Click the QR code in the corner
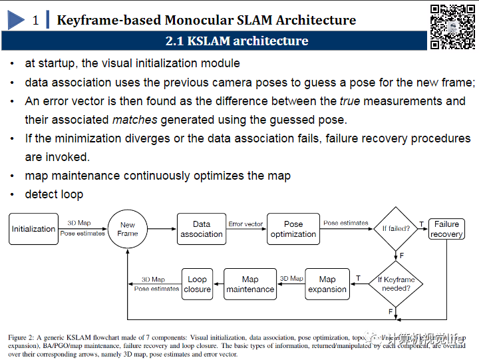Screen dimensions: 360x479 tap(452, 26)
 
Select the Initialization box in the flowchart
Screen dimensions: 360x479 tap(33, 229)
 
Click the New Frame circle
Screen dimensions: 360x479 tap(127, 230)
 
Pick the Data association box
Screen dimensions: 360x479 tap(202, 229)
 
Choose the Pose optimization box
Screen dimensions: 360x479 tap(293, 229)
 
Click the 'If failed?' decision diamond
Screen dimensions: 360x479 tap(395, 229)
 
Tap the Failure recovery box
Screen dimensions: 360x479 tap(446, 229)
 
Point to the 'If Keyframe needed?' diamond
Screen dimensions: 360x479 tap(396, 284)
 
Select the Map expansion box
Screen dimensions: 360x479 tap(327, 284)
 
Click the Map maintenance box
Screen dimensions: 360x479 tap(250, 284)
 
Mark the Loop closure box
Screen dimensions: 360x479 tap(197, 284)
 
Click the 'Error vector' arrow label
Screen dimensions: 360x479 tap(245, 224)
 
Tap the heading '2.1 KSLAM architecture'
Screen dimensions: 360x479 tap(237, 41)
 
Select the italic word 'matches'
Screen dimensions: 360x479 tap(134, 120)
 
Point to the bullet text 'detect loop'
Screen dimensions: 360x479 tap(54, 194)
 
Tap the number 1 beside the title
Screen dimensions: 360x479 tap(35, 20)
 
